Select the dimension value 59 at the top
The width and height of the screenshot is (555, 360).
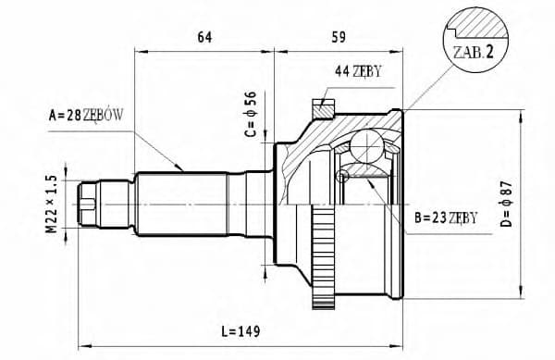click(x=339, y=37)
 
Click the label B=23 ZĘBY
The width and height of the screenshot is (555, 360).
click(x=446, y=217)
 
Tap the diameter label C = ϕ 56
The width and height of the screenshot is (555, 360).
click(x=250, y=114)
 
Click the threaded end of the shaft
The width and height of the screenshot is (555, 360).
click(x=91, y=203)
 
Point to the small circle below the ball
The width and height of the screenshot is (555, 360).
click(x=343, y=176)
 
